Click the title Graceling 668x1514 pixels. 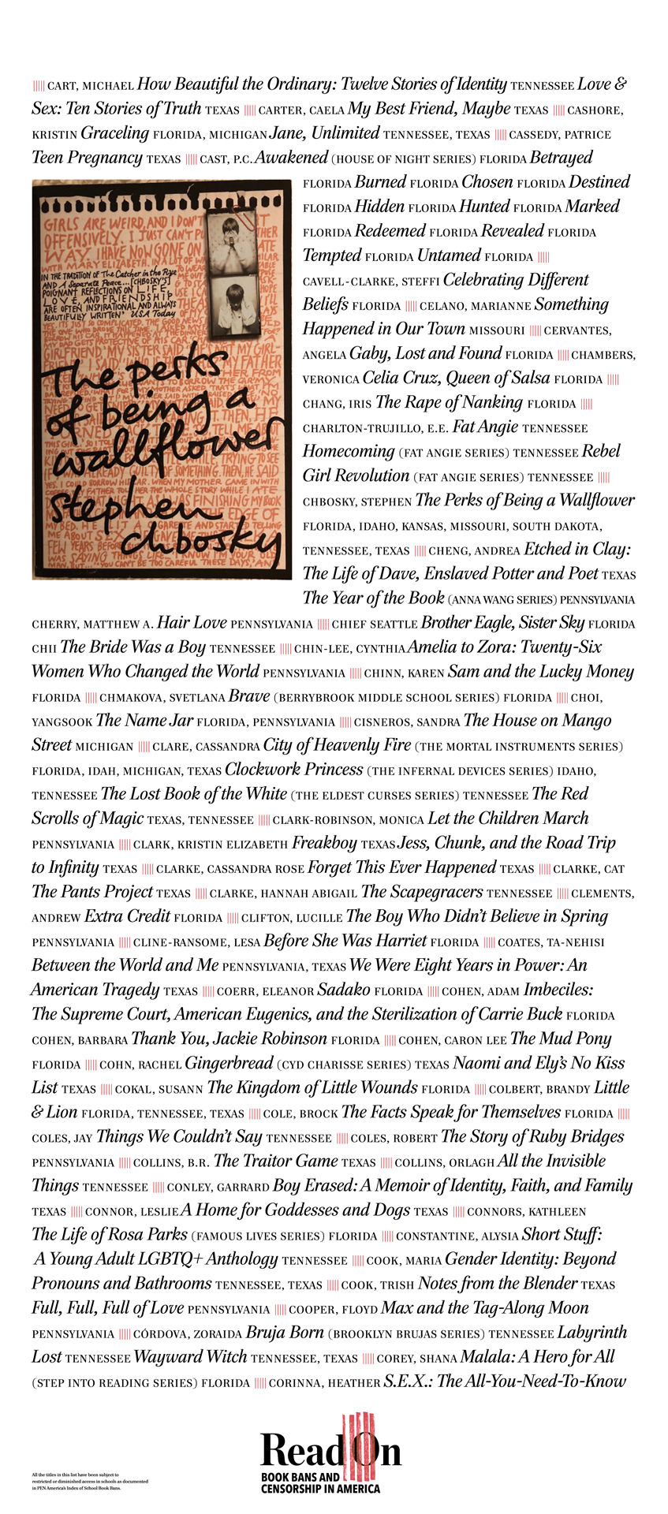pos(114,133)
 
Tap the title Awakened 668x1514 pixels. pos(290,158)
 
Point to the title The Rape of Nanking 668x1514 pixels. pos(449,402)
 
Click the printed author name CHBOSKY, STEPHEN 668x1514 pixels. pos(357,502)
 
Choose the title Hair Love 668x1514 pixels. pos(192,623)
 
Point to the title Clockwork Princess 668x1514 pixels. pos(293,770)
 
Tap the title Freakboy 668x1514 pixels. pos(324,843)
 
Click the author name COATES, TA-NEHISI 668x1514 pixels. pos(551,942)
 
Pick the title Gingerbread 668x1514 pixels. pos(229,1063)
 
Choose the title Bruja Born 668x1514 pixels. pos(285,1333)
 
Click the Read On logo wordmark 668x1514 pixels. pos(330,1449)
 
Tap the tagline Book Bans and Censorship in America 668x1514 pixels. pos(320,1483)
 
